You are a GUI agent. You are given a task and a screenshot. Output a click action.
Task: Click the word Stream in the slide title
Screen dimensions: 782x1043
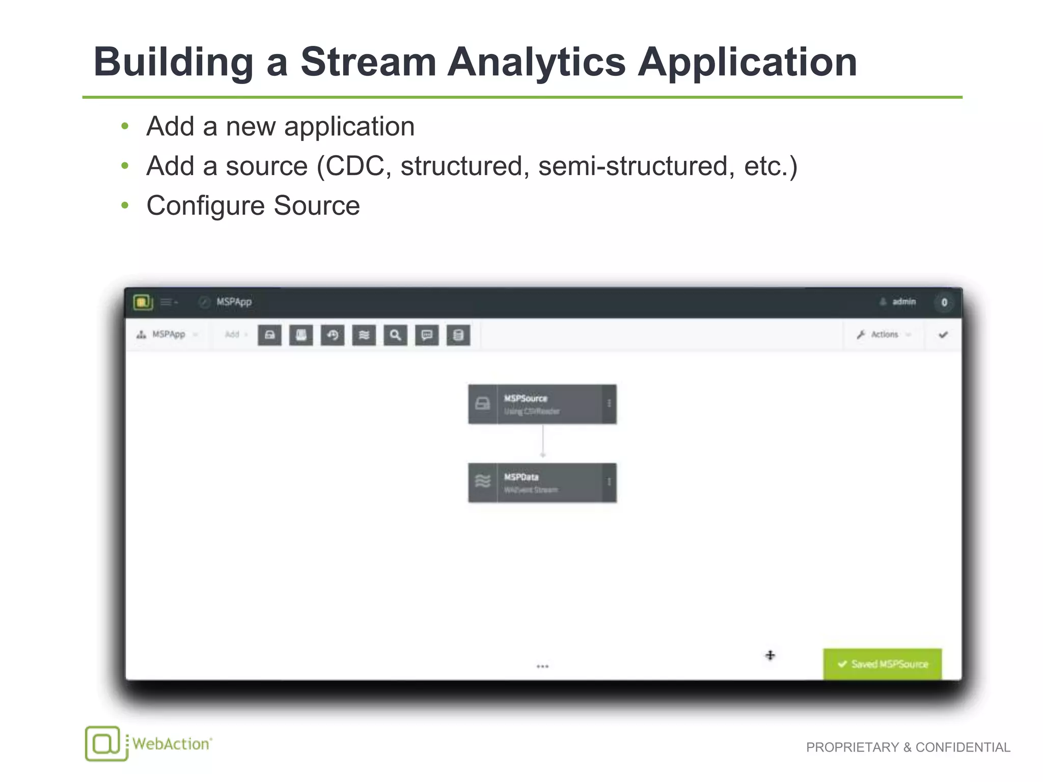368,62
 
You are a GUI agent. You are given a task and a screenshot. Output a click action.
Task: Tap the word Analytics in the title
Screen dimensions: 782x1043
536,62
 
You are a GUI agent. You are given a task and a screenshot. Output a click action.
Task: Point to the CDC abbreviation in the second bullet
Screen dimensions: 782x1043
354,166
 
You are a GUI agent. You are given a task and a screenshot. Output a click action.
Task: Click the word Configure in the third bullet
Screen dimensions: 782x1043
205,206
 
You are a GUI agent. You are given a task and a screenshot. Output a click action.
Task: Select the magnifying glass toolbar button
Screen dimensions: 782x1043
395,335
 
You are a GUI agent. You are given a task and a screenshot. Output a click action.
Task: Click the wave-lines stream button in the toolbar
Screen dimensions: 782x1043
364,335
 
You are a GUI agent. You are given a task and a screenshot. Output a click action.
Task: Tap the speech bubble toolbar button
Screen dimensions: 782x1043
427,335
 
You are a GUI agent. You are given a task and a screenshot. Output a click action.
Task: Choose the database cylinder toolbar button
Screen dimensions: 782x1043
458,335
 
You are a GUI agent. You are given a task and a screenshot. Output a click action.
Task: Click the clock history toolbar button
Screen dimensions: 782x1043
333,335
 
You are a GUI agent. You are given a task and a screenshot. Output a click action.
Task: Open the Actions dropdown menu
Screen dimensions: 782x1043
884,334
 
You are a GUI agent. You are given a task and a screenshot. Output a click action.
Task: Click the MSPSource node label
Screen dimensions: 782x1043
526,399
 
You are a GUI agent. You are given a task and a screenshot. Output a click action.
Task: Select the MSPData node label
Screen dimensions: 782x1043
521,477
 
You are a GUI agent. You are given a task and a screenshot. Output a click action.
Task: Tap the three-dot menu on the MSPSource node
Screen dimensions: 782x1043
609,404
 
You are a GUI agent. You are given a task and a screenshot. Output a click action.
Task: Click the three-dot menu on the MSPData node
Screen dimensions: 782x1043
609,482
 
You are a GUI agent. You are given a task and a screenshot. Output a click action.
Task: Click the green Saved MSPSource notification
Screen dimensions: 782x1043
882,664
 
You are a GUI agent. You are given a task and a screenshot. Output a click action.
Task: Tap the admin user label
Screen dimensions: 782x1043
903,302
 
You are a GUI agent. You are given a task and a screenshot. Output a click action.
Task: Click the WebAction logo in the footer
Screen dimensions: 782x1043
148,744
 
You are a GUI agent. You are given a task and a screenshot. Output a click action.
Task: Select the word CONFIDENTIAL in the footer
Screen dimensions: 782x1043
963,747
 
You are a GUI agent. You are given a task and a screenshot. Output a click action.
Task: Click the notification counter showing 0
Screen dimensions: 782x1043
944,302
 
